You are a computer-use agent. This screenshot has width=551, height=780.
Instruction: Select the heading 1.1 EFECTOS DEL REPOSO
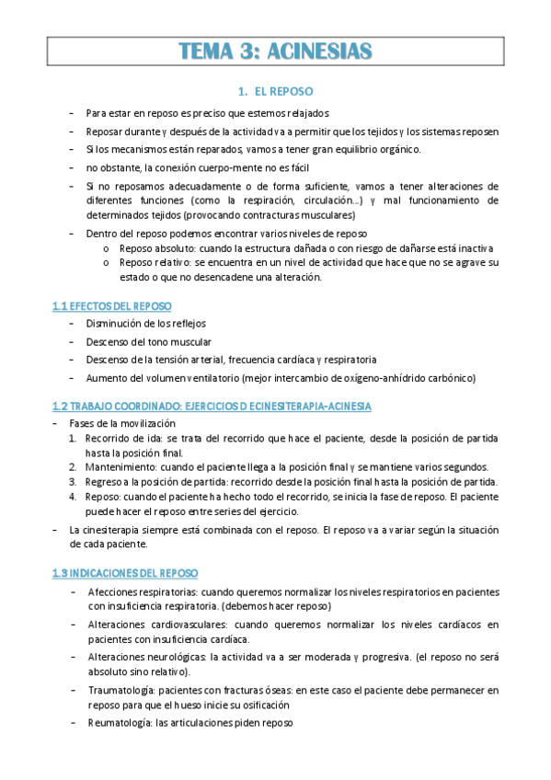point(111,305)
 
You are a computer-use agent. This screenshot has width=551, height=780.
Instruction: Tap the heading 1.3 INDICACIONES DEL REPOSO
point(119,572)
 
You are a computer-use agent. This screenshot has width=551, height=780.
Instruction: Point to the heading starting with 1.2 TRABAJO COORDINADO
point(212,406)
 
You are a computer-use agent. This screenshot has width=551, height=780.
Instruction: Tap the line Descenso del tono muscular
point(147,342)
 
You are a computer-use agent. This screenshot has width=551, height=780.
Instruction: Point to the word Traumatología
point(122,689)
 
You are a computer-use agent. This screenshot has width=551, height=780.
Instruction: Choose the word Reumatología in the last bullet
point(121,723)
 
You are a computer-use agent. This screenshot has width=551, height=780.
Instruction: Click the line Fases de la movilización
point(121,423)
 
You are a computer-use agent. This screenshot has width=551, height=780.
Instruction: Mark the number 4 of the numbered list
point(75,497)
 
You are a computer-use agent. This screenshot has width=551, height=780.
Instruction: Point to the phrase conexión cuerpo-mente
point(205,167)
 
